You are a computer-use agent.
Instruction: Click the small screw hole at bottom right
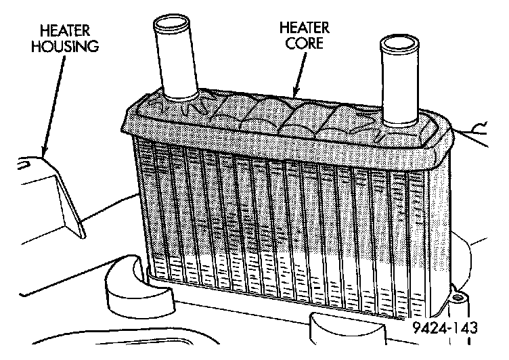tap(459, 298)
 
